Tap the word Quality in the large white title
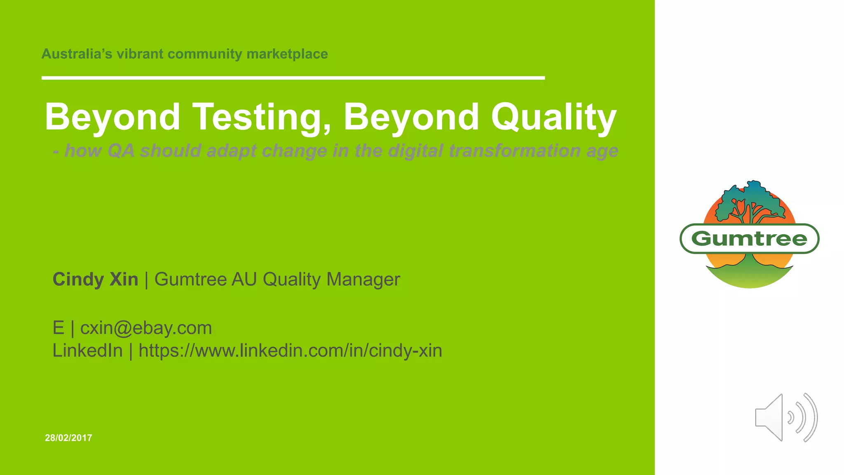tap(553, 118)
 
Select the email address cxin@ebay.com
tap(146, 328)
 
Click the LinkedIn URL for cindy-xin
tap(290, 351)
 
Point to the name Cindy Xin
tap(95, 280)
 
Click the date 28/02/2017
tap(68, 438)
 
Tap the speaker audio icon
tap(785, 417)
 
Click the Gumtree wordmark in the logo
tap(749, 239)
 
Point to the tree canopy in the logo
tap(749, 200)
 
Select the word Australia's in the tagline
tap(77, 54)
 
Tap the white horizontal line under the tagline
tap(293, 78)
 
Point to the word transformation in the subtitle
tap(515, 151)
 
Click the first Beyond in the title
tap(113, 118)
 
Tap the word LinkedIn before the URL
tap(87, 351)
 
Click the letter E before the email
tap(58, 328)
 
